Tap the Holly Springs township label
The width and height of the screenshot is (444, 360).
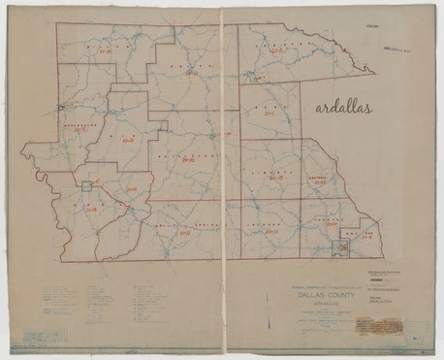(x=183, y=224)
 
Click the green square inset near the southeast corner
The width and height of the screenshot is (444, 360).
(x=340, y=249)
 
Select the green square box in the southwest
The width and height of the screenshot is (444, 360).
(x=87, y=184)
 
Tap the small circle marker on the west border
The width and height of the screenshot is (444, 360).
(x=60, y=106)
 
